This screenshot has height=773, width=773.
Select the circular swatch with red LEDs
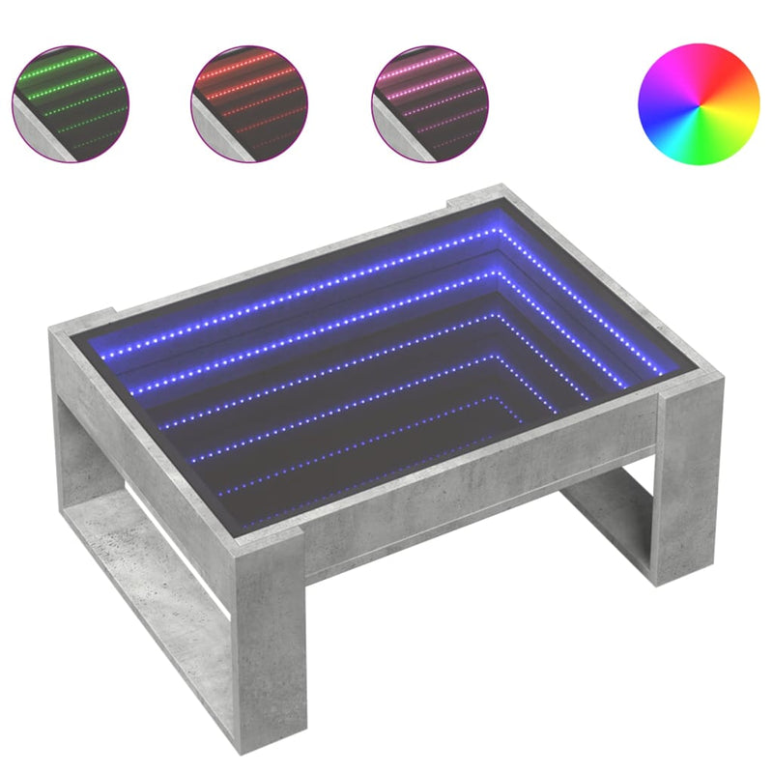coord(248,101)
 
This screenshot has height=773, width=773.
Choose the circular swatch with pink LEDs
coord(428,101)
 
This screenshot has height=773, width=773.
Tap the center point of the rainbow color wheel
coord(700,103)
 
